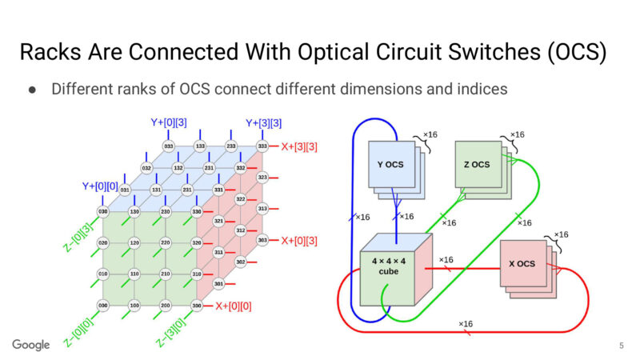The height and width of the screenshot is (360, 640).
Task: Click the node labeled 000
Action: coord(102,306)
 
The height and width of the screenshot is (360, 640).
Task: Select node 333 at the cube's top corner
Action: coord(262,146)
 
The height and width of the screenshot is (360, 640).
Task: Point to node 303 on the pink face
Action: coord(262,240)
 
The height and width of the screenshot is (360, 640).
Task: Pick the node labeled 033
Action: coord(169,146)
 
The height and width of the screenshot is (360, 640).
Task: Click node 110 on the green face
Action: coord(134,274)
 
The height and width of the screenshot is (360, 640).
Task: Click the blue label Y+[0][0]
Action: coord(99,186)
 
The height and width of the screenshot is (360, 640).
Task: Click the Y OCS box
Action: coord(390,165)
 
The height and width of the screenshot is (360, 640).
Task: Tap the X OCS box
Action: coord(522,264)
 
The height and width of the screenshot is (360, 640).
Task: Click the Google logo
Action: coord(31,345)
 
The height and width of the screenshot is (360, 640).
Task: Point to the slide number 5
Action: coord(622,346)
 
